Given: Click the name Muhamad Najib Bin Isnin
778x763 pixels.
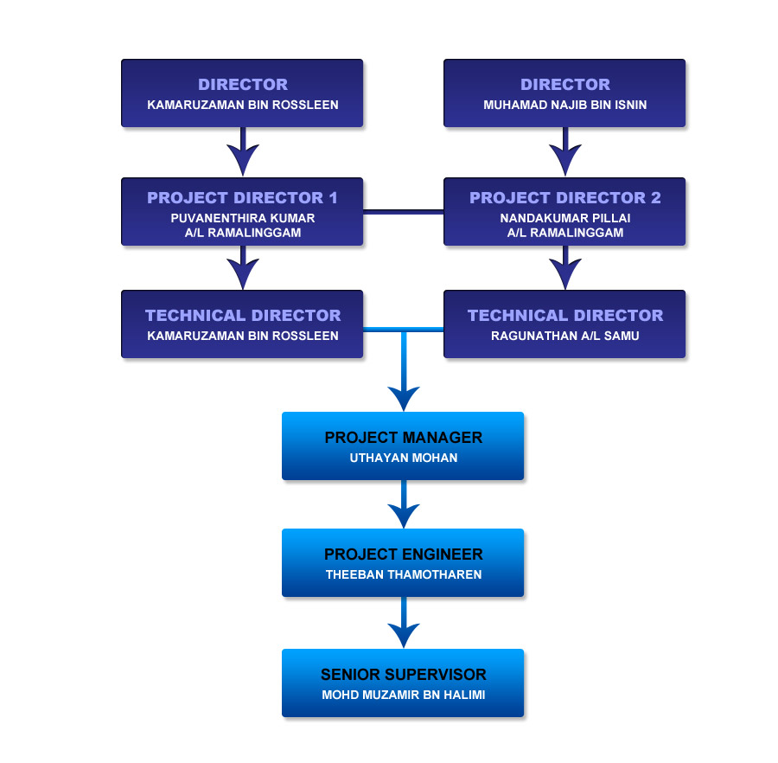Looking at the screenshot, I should [564, 106].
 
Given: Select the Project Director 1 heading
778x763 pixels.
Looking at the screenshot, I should [242, 198].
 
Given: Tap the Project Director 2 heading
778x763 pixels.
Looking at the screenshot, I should [564, 198].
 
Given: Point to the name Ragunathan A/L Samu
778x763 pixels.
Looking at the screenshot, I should [564, 336].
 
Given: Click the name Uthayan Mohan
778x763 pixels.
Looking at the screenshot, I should [403, 458].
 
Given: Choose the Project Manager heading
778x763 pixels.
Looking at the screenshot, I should [403, 438].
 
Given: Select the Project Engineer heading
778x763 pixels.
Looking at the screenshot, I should [403, 555].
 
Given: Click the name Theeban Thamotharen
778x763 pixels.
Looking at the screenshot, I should [403, 574].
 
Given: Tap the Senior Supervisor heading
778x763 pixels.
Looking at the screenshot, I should [403, 675].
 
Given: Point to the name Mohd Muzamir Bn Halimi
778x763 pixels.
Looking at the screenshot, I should [403, 694].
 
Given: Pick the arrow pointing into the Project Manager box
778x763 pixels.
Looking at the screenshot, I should [404, 394].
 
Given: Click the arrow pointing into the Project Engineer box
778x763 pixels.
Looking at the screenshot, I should [404, 512].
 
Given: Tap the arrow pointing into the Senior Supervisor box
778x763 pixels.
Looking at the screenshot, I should [404, 632].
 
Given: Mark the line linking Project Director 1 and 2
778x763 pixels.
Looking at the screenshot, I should [403, 211].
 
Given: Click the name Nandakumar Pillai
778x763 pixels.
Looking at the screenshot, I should [564, 219].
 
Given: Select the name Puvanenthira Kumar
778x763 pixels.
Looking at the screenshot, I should [242, 219].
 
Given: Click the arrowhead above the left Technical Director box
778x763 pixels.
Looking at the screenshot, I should [243, 272].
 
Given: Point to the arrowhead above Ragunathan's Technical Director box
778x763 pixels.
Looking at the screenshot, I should [565, 272].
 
